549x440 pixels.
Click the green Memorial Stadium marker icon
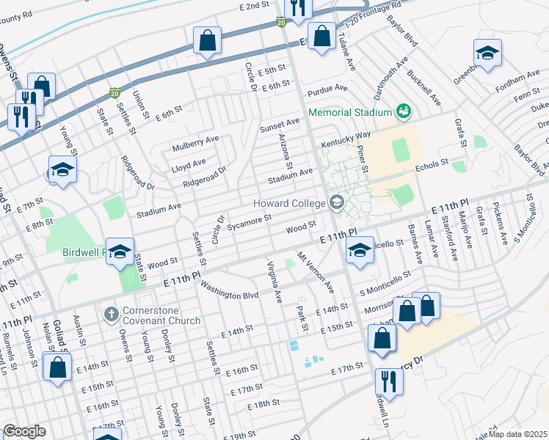402,111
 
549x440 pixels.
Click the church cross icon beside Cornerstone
111,315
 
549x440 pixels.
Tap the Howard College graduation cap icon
337,202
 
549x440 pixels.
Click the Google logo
24,431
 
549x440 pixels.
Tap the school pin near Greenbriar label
487,53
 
